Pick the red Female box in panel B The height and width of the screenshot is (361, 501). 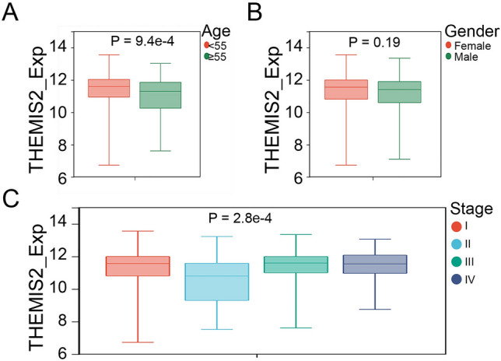[346, 89]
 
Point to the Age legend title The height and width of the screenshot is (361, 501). [213, 30]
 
